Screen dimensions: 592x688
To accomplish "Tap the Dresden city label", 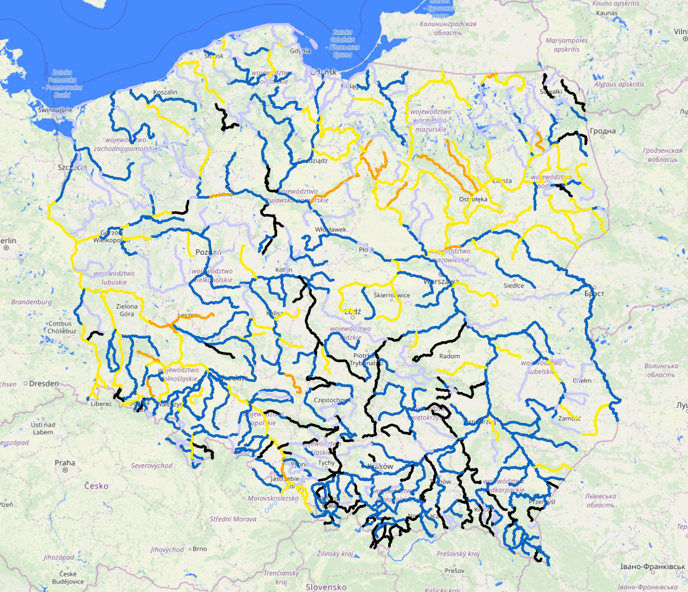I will point(44,384).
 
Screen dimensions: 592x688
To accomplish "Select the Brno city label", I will point(199,549).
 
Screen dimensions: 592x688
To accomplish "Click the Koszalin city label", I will point(166,92).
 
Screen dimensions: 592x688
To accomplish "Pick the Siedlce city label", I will point(514,285).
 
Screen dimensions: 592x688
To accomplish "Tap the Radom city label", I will point(450,356).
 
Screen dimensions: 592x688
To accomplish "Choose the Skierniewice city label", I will point(391,295).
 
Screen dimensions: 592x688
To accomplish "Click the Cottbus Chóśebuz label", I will point(62,327).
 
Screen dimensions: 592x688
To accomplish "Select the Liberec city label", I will point(101,403).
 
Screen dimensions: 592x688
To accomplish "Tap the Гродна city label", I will point(602,131).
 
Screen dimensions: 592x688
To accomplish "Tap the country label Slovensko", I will point(326,587).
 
